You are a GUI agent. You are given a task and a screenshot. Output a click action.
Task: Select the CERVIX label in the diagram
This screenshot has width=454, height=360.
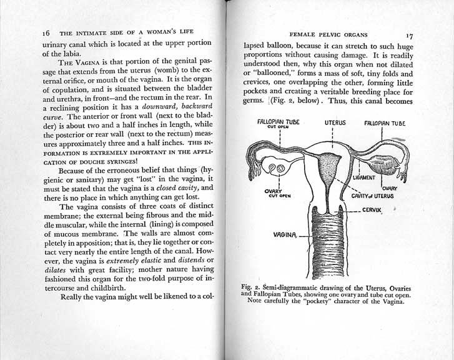coord(372,210)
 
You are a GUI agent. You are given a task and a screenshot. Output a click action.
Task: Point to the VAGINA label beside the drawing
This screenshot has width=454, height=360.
coord(285,236)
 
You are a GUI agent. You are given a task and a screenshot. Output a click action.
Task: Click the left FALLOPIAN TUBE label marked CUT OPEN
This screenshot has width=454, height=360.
coord(279,123)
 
